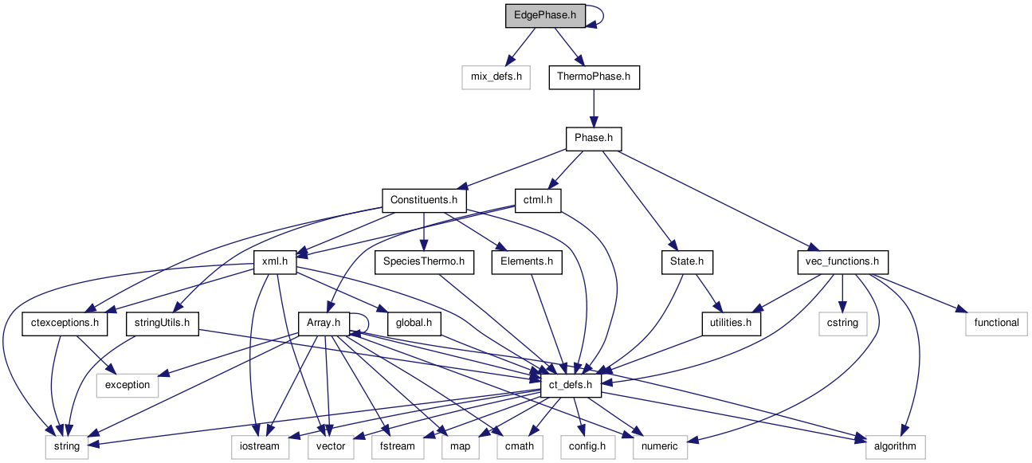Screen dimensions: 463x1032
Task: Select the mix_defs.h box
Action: click(496, 77)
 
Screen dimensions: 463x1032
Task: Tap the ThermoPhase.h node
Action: click(594, 77)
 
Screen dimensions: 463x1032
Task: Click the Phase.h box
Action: click(594, 139)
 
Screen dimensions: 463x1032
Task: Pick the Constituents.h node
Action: click(424, 199)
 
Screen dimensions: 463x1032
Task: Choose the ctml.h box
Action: click(538, 199)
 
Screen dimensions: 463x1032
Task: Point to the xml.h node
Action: click(274, 261)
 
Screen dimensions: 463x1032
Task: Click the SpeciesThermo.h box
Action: click(424, 261)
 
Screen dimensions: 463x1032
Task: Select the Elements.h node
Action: click(527, 261)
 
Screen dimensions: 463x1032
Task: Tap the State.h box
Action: click(687, 261)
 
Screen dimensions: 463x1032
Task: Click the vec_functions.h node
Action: click(842, 261)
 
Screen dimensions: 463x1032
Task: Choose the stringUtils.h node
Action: click(162, 323)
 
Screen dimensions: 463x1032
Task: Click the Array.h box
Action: click(324, 323)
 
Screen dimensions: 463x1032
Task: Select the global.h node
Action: click(414, 323)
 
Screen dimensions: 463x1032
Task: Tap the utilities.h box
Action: click(731, 323)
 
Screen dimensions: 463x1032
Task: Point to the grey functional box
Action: click(996, 323)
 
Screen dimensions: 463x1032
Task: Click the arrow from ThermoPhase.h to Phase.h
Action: click(594, 108)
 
